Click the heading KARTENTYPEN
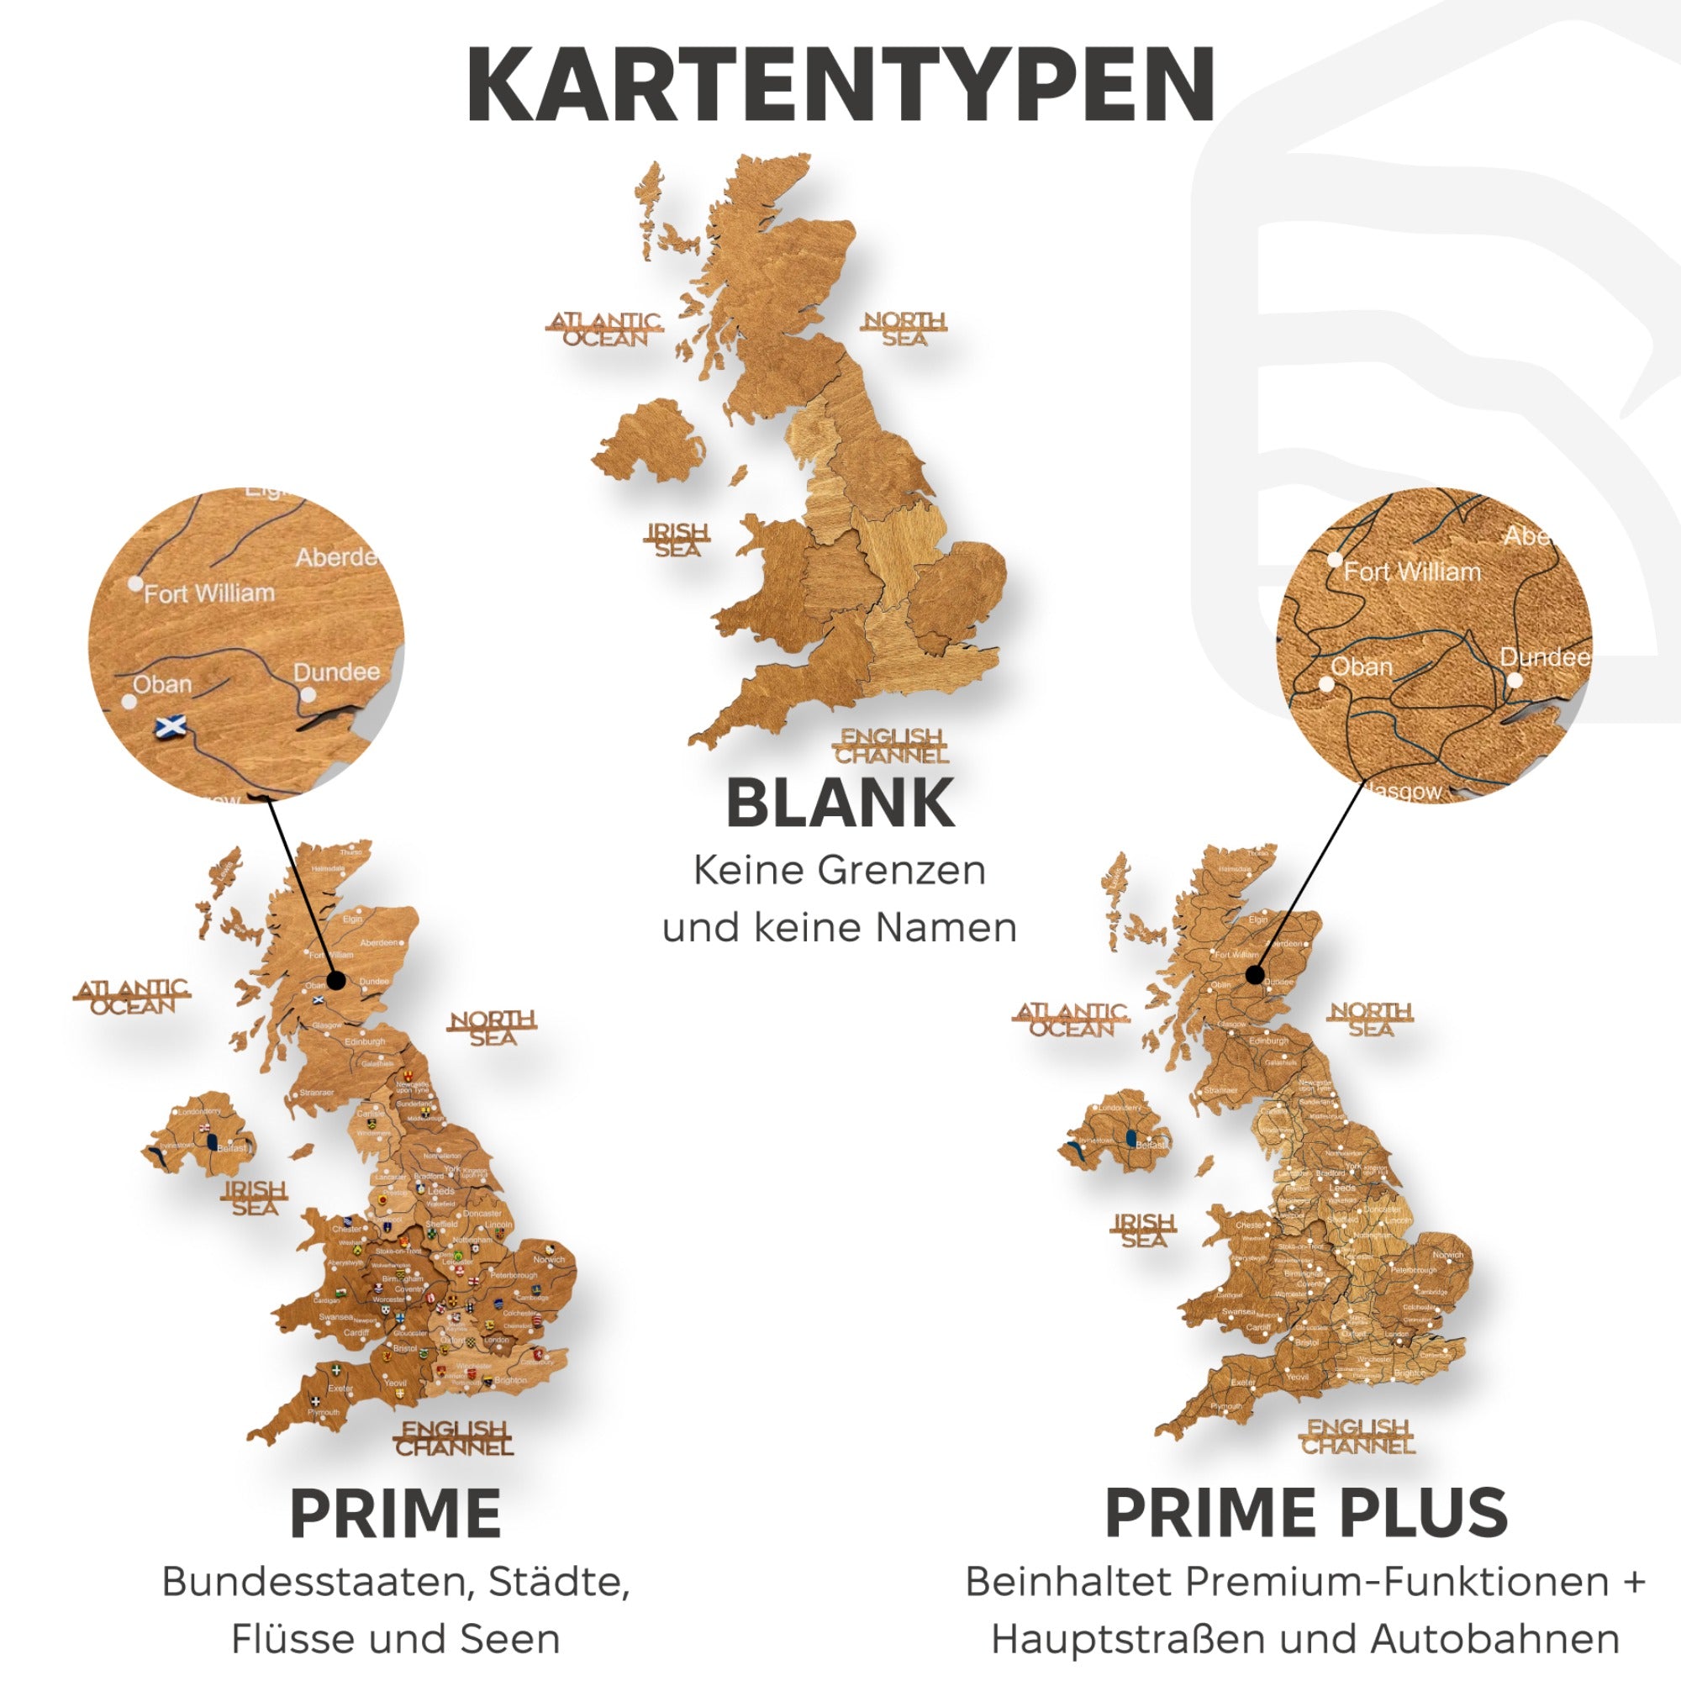[840, 85]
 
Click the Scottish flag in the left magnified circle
[170, 725]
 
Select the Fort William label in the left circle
[208, 593]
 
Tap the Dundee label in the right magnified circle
[1544, 658]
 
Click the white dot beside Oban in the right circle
[1327, 684]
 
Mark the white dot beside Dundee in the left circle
[307, 695]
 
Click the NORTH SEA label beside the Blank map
[904, 329]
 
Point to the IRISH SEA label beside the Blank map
[677, 540]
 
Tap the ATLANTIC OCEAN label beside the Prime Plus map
[1072, 1020]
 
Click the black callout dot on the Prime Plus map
[1254, 974]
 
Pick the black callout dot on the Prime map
[338, 981]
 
